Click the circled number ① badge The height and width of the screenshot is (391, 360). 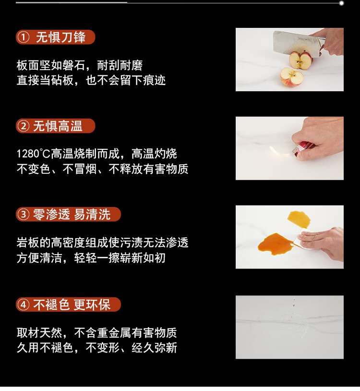coord(24,37)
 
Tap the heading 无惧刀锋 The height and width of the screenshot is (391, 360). coord(61,37)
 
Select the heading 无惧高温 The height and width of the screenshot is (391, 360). coord(58,126)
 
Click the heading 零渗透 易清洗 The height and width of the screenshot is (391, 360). coord(72,214)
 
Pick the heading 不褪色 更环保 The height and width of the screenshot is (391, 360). coord(72,305)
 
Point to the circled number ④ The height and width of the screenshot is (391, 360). coord(24,305)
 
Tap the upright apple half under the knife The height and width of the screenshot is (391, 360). coord(300,61)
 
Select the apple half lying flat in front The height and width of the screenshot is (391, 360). coord(291,76)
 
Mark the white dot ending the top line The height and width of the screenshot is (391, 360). coord(342,3)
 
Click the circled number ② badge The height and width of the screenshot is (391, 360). coord(24,126)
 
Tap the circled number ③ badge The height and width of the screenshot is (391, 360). coord(24,214)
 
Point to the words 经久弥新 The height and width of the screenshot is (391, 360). coord(155,348)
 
